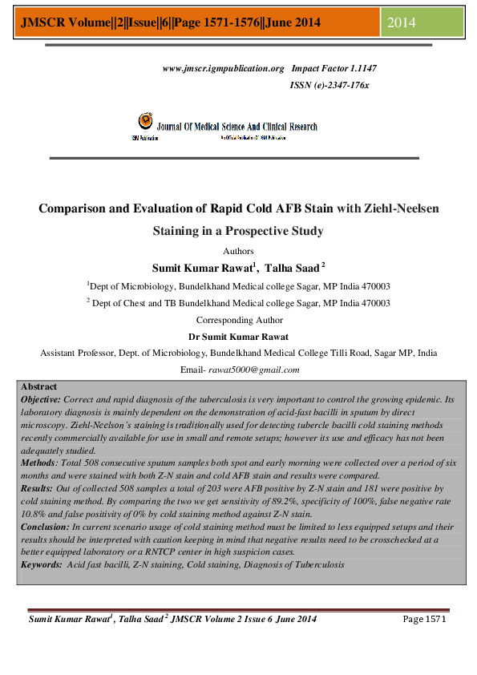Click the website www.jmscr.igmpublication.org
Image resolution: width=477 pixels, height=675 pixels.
pyautogui.click(x=224, y=70)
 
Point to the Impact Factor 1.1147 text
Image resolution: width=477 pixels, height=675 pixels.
pyautogui.click(x=334, y=70)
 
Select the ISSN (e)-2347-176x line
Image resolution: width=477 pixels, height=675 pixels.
pyautogui.click(x=329, y=84)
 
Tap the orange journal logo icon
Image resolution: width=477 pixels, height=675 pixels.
pyautogui.click(x=145, y=121)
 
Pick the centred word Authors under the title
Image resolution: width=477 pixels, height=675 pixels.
pyautogui.click(x=238, y=251)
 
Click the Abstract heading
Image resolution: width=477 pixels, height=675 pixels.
pyautogui.click(x=38, y=386)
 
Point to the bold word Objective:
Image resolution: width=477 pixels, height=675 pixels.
pyautogui.click(x=40, y=398)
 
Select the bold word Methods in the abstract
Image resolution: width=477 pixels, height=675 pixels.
pyautogui.click(x=37, y=463)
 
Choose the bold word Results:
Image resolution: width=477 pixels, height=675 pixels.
pyautogui.click(x=37, y=487)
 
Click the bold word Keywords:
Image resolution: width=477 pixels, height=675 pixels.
pyautogui.click(x=42, y=564)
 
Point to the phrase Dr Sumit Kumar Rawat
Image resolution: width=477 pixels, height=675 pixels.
pyautogui.click(x=238, y=337)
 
